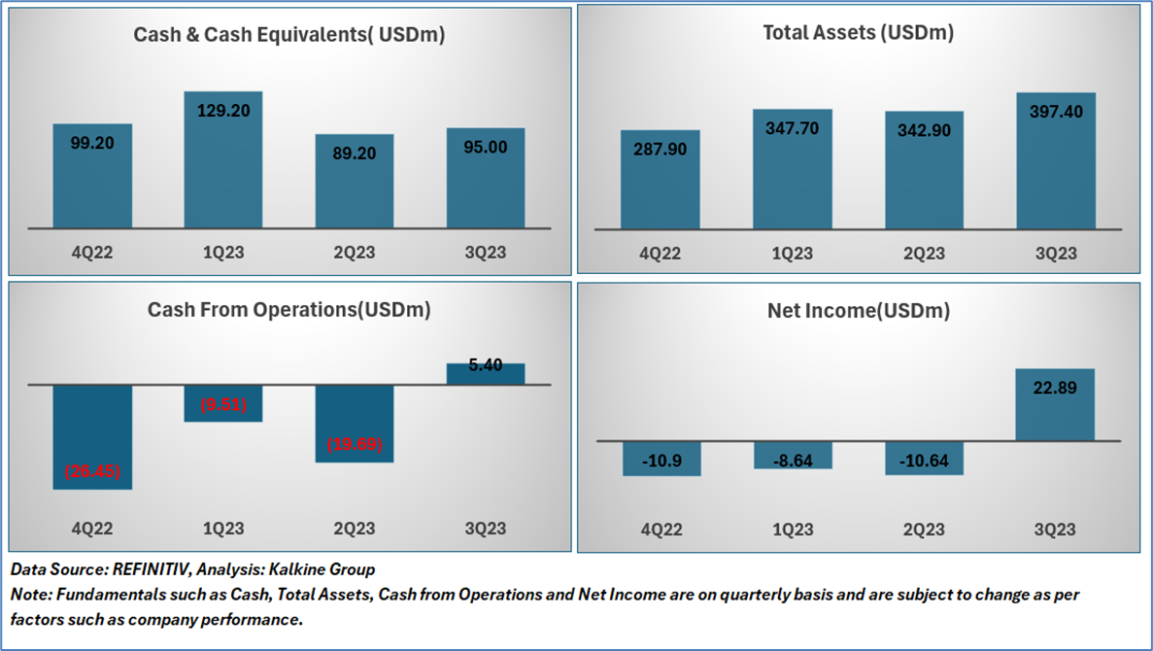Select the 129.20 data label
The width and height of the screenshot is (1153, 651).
[x=223, y=111]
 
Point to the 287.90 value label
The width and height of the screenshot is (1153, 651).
[x=661, y=150]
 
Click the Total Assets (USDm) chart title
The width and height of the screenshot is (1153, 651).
[x=859, y=33]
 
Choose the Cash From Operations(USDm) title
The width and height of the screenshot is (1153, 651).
[x=288, y=310]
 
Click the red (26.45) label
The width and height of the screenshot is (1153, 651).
[x=92, y=471]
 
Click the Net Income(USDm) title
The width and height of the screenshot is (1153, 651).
[x=859, y=311]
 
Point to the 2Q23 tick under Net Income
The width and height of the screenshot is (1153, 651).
[x=924, y=530]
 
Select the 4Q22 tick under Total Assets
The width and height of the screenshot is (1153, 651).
[x=661, y=255]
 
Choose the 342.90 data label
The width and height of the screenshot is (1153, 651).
[x=924, y=130]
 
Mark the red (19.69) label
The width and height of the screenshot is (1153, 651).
[x=355, y=445]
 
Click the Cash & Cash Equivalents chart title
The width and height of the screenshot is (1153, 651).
[x=289, y=35]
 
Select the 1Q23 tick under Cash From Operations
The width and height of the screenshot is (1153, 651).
[x=223, y=529]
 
